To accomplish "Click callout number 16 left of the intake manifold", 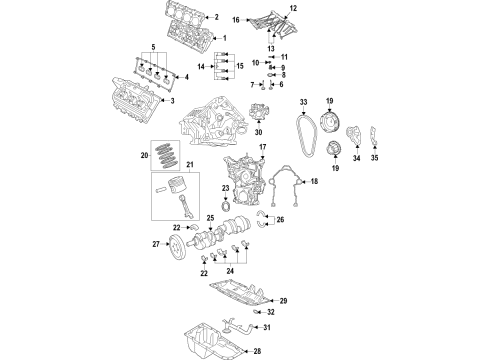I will pyautogui.click(x=236, y=19).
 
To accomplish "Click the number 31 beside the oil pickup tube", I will pyautogui.click(x=281, y=327).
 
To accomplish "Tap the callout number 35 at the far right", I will pyautogui.click(x=376, y=157).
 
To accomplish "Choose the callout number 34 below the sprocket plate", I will pyautogui.click(x=353, y=157).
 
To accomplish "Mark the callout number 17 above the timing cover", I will pyautogui.click(x=263, y=148).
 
